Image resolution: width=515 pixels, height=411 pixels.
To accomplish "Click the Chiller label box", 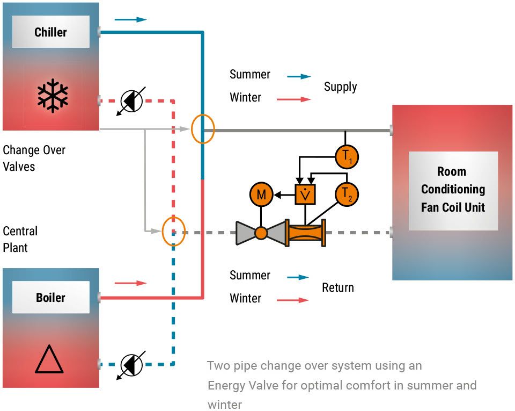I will pos(51,32).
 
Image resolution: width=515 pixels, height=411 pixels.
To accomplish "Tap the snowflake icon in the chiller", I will pos(53,96).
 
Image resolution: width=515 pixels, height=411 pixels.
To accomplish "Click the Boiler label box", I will pos(51,297).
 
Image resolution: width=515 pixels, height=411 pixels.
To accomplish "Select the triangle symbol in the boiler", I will pos(49,359).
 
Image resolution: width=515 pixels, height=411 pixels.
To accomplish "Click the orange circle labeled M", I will pos(261,194).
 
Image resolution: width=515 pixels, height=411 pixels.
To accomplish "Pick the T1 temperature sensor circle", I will pos(347,156).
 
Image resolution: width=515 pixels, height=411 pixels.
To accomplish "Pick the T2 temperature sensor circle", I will pos(347,194).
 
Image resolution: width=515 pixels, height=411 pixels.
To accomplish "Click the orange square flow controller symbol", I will pos(305,194).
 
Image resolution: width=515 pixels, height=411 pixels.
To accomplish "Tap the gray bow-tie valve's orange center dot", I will pos(261,233).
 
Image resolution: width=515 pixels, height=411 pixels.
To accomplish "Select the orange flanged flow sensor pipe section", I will pos(305,233).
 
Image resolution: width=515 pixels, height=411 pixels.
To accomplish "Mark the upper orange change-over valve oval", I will pos(202,129).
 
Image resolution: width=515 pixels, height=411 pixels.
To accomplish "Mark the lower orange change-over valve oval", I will pos(173,231).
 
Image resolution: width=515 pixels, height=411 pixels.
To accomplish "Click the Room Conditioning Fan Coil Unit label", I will pos(453,189).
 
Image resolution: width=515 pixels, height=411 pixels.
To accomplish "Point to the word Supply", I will pos(340,86).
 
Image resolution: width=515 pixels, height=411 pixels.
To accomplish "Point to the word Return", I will pos(338,287).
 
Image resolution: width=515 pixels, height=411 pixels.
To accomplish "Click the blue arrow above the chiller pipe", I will pos(130,19).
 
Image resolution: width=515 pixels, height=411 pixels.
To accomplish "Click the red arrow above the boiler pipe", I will pos(130,283).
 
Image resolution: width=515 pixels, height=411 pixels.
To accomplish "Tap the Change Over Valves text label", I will pos(34,158).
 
